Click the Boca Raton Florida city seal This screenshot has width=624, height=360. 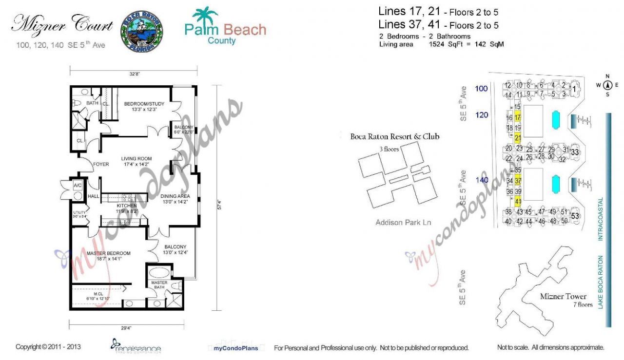click(x=141, y=31)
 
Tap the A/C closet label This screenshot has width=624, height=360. click(x=78, y=186)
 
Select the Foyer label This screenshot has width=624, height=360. click(x=101, y=164)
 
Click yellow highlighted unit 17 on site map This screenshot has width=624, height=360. click(x=518, y=118)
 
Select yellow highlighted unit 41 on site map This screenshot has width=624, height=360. click(x=518, y=201)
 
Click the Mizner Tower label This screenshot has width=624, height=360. click(x=563, y=296)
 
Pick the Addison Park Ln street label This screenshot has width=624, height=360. click(x=403, y=223)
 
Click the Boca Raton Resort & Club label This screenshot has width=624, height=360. click(x=395, y=137)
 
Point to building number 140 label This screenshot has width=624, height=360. click(x=482, y=180)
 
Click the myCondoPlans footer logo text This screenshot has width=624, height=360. click(x=236, y=348)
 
